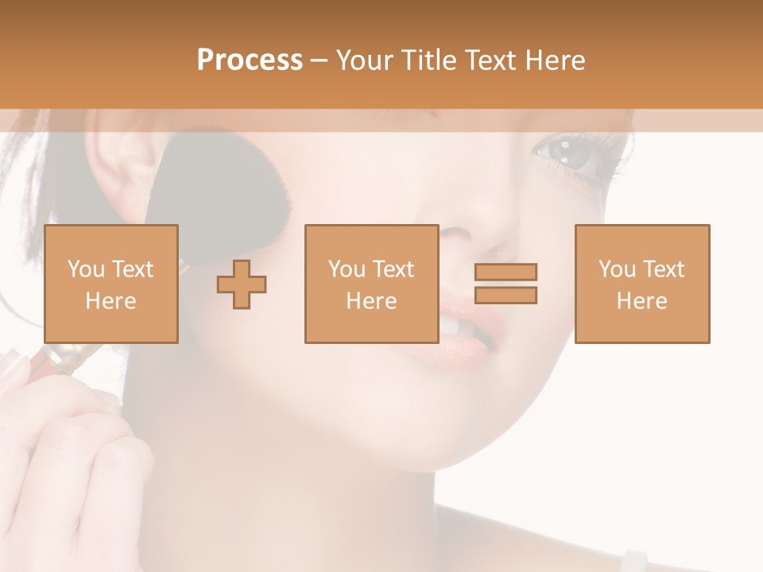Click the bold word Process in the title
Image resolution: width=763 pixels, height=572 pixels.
click(x=250, y=60)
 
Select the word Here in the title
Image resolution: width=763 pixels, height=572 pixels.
click(x=556, y=60)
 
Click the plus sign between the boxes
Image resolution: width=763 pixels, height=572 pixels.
click(x=242, y=284)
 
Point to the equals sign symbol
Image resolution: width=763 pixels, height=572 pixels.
click(x=505, y=284)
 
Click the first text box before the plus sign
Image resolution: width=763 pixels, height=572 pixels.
click(x=110, y=284)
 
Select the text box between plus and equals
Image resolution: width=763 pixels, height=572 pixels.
click(x=371, y=284)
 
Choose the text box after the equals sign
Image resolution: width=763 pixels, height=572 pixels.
click(x=641, y=284)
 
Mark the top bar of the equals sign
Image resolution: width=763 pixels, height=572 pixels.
click(x=505, y=272)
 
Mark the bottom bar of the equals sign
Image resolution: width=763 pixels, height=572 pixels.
click(x=505, y=295)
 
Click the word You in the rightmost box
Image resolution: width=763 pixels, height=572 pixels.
click(x=617, y=269)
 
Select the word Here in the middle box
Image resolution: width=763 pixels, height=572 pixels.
click(x=371, y=301)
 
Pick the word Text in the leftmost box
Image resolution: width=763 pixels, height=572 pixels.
click(x=133, y=269)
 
